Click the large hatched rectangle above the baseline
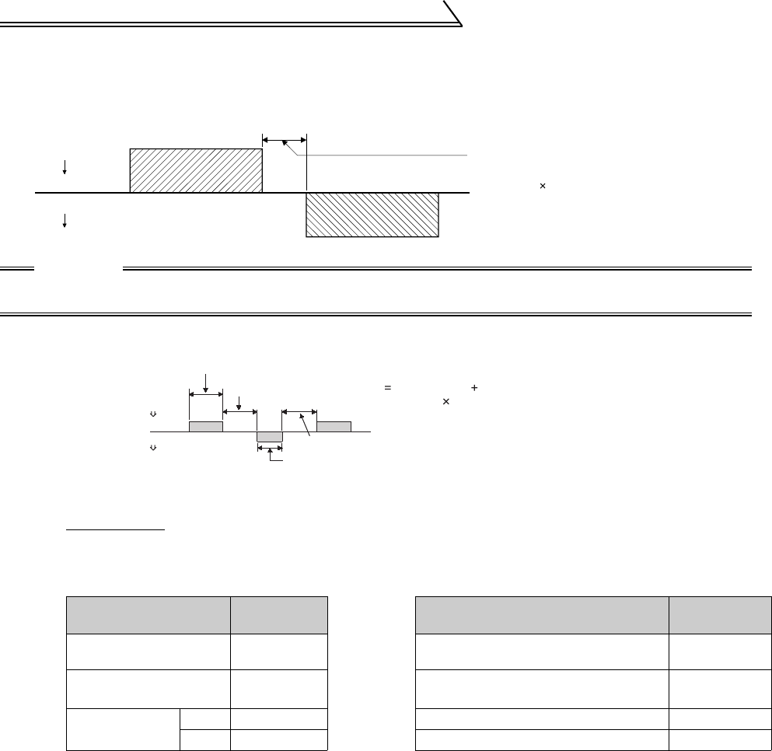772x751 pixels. (x=195, y=170)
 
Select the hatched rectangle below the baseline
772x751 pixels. (x=372, y=215)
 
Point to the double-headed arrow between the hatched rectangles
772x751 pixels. (x=285, y=140)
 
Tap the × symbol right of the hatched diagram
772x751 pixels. (x=543, y=187)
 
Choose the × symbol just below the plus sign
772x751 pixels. (x=445, y=401)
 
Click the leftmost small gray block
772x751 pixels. (x=206, y=426)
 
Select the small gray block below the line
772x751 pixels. (x=269, y=436)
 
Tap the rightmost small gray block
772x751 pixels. (x=334, y=426)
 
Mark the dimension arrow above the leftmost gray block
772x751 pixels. (x=206, y=394)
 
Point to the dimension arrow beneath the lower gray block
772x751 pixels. (x=269, y=449)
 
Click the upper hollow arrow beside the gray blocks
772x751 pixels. (x=152, y=414)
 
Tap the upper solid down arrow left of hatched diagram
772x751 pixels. (x=65, y=166)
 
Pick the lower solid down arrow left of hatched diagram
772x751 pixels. (x=65, y=220)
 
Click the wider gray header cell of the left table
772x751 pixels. (x=148, y=616)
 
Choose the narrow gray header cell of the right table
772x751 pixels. (x=720, y=616)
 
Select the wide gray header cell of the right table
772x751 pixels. (x=542, y=616)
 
